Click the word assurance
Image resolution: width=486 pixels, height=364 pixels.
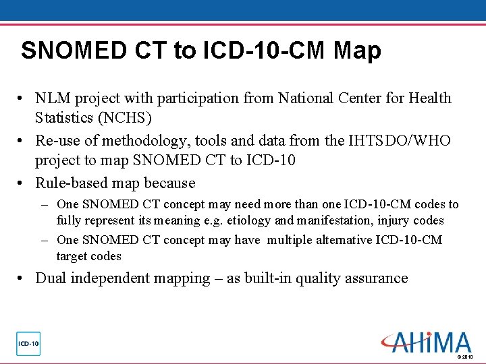pos(377,278)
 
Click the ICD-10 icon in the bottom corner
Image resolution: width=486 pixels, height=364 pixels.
pos(28,344)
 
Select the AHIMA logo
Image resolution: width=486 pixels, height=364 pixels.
pos(426,342)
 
